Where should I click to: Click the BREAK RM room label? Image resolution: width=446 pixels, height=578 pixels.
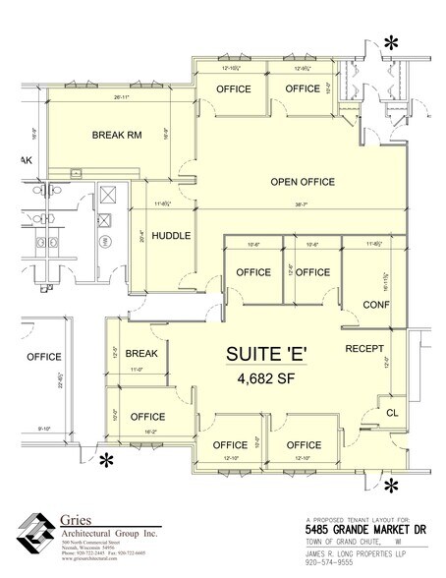tap(115, 135)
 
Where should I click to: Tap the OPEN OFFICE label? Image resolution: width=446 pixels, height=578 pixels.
tap(303, 182)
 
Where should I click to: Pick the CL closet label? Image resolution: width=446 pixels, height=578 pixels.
tap(391, 413)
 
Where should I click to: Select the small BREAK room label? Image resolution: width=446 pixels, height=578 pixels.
tap(141, 354)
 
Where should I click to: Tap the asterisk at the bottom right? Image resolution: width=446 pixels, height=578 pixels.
tap(390, 484)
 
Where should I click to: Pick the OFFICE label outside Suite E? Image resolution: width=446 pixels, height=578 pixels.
tap(43, 356)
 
